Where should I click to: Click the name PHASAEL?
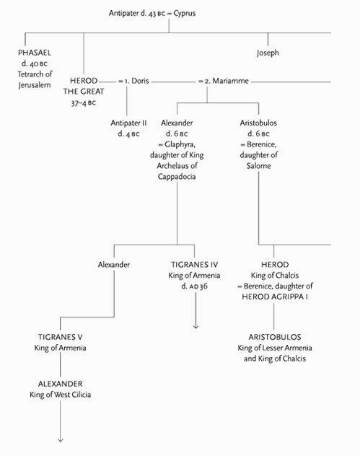(x=35, y=53)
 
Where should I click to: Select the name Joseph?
(x=268, y=53)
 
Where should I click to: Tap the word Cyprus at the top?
(x=185, y=14)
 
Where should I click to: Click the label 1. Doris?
(x=136, y=81)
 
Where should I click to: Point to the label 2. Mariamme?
(x=227, y=81)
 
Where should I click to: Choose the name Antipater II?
(x=128, y=123)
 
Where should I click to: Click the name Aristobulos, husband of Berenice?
(x=258, y=123)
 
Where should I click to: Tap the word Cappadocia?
(x=177, y=177)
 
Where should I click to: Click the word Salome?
(x=258, y=166)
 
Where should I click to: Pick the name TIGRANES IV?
(x=194, y=265)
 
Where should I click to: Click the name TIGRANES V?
(x=60, y=337)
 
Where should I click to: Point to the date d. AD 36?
(x=194, y=286)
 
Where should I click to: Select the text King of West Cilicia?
(x=60, y=395)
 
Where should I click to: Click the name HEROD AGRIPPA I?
(x=275, y=297)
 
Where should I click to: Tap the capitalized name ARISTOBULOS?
(x=275, y=337)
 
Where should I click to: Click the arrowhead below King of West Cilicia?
(x=61, y=440)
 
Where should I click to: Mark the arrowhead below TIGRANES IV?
(x=196, y=327)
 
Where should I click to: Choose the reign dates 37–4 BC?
(x=84, y=103)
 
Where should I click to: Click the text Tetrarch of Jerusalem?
(x=35, y=79)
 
